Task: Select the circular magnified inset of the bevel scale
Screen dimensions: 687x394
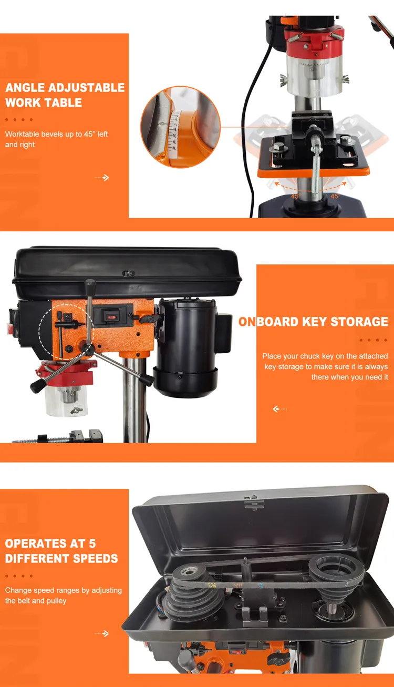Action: click(180, 127)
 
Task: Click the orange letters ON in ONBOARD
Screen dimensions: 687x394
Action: click(247, 322)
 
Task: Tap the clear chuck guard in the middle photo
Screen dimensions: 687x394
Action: click(66, 401)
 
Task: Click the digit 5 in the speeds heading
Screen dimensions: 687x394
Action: click(92, 544)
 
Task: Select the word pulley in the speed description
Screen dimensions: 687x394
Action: click(55, 601)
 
